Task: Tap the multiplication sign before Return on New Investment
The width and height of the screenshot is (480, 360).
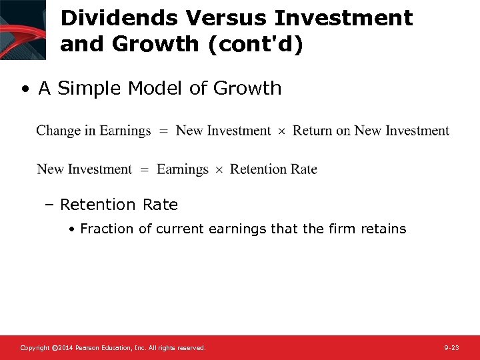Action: [x=281, y=131]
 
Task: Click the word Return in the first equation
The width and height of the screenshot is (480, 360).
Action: [x=312, y=131]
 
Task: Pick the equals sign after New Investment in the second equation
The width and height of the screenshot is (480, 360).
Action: [x=144, y=170]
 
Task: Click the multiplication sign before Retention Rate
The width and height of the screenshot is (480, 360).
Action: [x=219, y=170]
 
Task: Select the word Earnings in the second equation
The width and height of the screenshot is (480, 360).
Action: [x=182, y=169]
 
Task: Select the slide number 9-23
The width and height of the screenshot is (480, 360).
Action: [x=451, y=348]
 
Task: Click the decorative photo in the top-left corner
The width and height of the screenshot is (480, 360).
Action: [x=23, y=29]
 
